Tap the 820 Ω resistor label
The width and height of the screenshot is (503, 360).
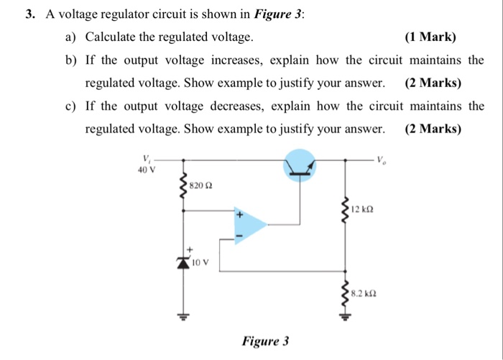pos(203,186)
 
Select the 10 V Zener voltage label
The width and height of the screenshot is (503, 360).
pos(200,263)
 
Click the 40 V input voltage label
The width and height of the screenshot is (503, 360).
pos(146,170)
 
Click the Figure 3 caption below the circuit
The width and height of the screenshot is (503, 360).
pos(265,340)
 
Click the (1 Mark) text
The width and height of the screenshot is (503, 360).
pos(430,37)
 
